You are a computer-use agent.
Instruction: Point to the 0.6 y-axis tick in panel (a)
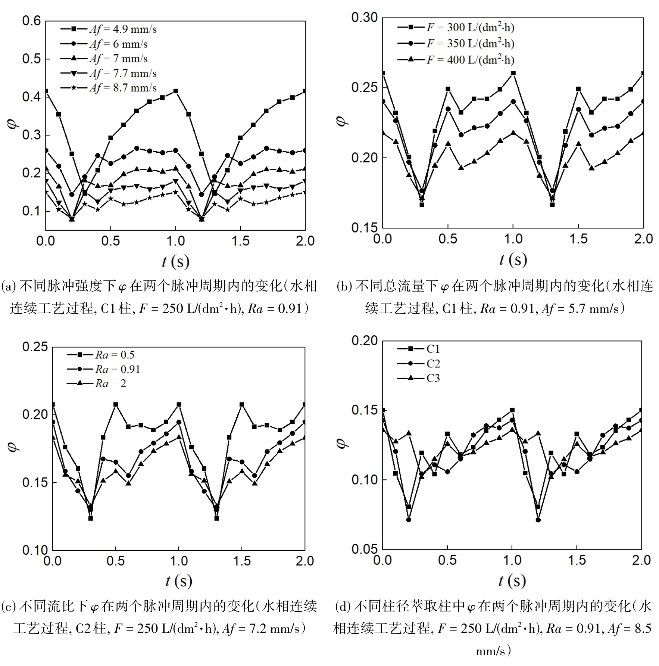click(31, 21)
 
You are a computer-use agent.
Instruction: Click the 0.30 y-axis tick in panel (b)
click(364, 18)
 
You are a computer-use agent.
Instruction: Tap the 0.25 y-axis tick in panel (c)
click(35, 347)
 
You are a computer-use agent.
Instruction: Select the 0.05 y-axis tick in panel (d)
click(364, 549)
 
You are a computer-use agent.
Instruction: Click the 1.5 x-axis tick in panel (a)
click(240, 241)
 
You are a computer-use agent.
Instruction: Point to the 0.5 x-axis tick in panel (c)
click(115, 561)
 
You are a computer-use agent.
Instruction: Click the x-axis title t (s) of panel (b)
click(513, 260)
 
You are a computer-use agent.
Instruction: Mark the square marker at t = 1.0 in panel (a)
click(175, 91)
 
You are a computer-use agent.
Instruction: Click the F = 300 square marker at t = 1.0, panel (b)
click(513, 73)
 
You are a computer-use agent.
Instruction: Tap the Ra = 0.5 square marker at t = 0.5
click(116, 405)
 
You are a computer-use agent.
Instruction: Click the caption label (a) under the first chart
click(9, 287)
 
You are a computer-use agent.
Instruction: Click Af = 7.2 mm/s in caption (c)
click(261, 629)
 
